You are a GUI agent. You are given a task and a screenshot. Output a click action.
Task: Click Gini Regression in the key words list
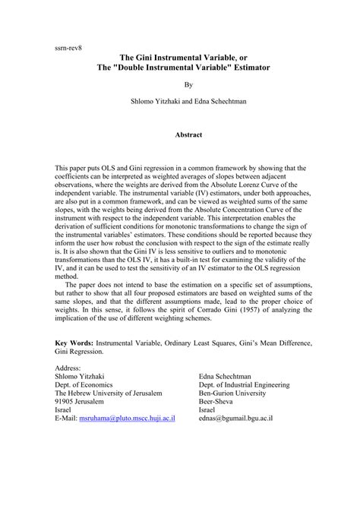81,353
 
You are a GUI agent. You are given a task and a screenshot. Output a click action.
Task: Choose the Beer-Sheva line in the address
219,400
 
